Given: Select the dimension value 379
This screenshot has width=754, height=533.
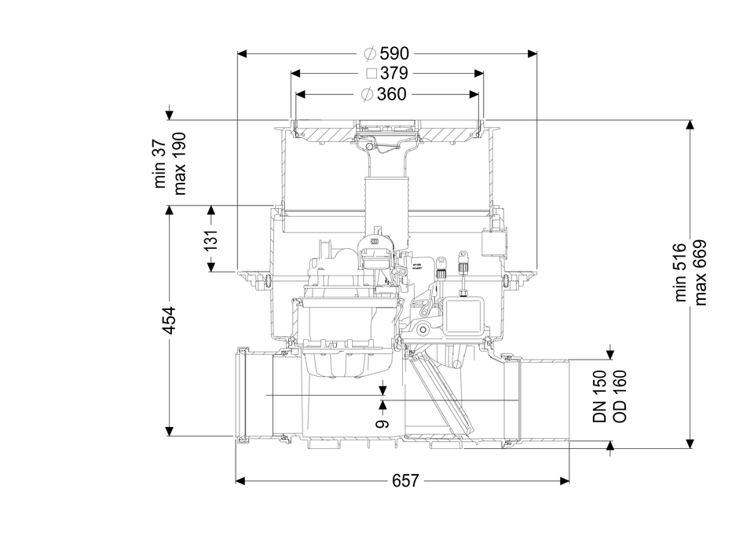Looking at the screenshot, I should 393,74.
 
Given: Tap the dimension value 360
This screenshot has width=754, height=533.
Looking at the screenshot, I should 392,94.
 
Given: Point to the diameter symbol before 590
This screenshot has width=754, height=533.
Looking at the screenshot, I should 370,53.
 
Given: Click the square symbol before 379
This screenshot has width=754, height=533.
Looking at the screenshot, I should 372,74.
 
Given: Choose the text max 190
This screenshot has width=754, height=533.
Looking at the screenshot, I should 181,163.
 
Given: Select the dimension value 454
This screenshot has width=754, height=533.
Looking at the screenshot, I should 169,320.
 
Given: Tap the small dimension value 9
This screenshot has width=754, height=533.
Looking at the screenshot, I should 382,424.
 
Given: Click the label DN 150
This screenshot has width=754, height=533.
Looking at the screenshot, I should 599,396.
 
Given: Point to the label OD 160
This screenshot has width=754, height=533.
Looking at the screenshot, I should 619,396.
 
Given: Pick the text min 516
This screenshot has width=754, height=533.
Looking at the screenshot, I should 681,272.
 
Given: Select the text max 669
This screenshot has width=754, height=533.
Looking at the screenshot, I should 701,272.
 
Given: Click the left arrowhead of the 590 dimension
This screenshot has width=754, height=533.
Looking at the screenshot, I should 242,53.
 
